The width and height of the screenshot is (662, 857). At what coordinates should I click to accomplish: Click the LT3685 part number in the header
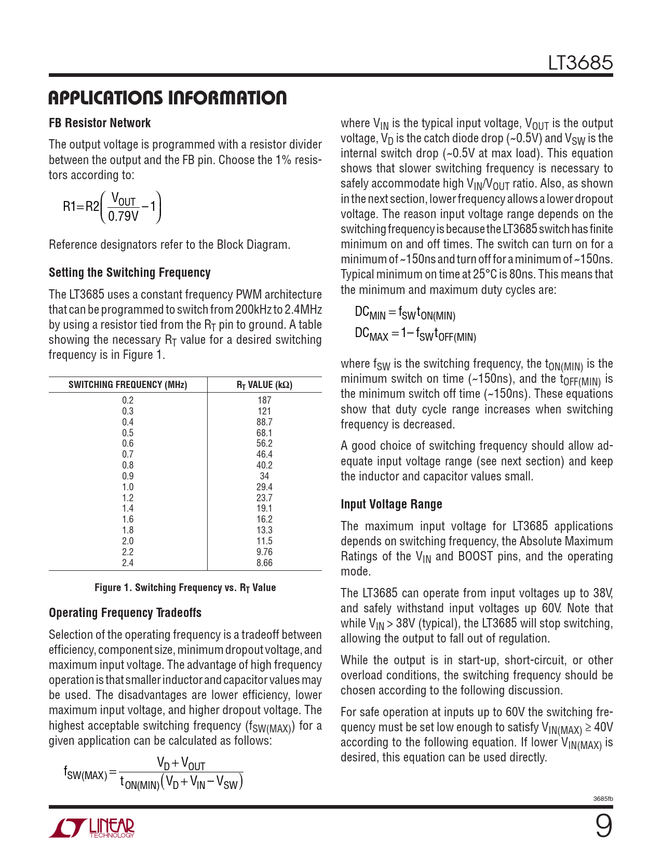[x=580, y=63]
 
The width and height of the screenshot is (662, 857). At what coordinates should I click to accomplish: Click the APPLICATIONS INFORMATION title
[x=167, y=98]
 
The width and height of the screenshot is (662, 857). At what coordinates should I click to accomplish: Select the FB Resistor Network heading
[x=100, y=123]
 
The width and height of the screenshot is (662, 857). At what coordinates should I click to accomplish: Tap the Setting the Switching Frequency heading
[x=129, y=273]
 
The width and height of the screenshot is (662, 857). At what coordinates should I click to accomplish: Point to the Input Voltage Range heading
[x=391, y=504]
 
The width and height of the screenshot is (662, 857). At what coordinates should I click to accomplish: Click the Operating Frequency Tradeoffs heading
[x=125, y=613]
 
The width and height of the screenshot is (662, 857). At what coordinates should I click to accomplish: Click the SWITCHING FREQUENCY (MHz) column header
[x=128, y=385]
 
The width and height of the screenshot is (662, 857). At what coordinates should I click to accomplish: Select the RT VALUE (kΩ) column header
[x=264, y=385]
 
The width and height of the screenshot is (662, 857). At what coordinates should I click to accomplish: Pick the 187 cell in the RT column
[x=264, y=400]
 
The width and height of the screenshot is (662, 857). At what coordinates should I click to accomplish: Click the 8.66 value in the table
[x=264, y=563]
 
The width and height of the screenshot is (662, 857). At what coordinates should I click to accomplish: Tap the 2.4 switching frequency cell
[x=128, y=563]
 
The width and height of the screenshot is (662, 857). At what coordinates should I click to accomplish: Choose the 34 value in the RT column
[x=264, y=476]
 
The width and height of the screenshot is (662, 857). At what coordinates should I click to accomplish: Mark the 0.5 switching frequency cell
[x=128, y=433]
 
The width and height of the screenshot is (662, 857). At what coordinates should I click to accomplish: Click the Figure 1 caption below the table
[x=185, y=588]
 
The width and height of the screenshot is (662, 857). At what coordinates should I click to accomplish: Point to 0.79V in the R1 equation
[x=123, y=216]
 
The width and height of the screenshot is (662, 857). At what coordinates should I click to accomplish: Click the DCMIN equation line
[x=405, y=313]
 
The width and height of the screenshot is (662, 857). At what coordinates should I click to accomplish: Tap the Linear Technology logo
[x=92, y=828]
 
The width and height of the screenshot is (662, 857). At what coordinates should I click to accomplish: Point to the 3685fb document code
[x=603, y=799]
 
